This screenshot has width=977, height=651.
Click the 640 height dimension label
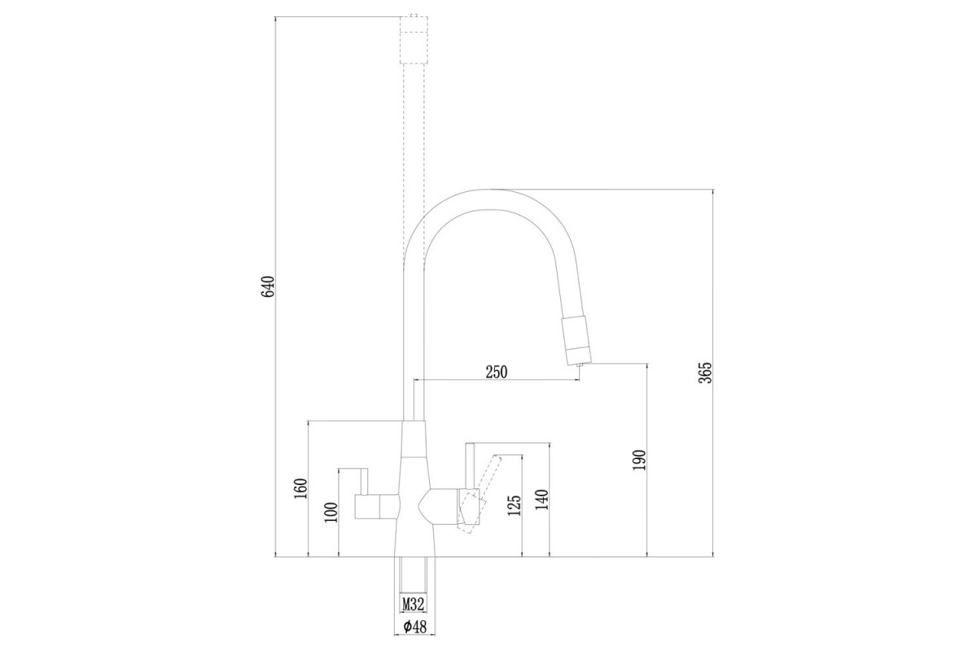point(268,286)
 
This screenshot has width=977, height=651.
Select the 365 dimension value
point(705,373)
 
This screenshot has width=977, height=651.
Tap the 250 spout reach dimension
point(497,372)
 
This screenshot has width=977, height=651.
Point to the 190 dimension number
point(639,460)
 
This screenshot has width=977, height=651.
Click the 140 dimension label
point(541,500)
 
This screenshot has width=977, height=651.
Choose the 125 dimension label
point(515,505)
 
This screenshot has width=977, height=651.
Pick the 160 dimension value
point(301,489)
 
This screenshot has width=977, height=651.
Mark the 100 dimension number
point(331,513)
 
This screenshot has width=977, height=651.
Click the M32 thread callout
point(413,605)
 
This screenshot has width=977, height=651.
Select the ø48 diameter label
point(414,627)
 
